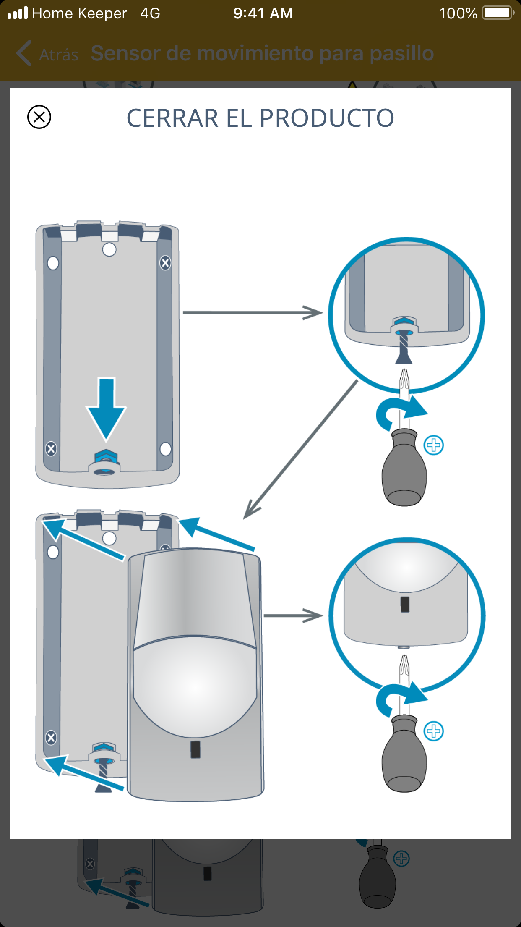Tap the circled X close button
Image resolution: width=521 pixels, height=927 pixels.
(x=39, y=117)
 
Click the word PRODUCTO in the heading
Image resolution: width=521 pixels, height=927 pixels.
(x=327, y=118)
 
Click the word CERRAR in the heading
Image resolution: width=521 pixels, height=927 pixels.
(x=172, y=118)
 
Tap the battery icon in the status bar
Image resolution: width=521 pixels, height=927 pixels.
(x=498, y=13)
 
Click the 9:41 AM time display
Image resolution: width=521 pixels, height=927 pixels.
(x=263, y=13)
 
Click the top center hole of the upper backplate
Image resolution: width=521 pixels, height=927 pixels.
(x=109, y=249)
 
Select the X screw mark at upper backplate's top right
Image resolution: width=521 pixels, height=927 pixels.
(x=165, y=263)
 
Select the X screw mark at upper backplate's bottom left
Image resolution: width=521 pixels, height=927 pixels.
(x=51, y=449)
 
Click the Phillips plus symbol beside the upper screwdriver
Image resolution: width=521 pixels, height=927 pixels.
(x=433, y=445)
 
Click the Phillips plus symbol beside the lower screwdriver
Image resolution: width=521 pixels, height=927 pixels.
(x=433, y=731)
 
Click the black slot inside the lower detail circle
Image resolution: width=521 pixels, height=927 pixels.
(x=405, y=605)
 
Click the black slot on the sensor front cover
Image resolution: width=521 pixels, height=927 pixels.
(x=195, y=749)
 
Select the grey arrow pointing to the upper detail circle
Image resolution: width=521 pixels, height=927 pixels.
(x=252, y=313)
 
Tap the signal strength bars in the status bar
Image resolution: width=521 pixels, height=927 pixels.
(x=18, y=13)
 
